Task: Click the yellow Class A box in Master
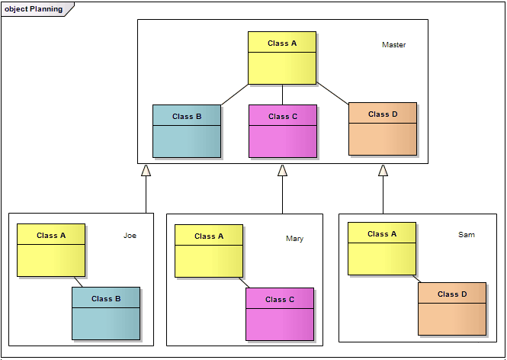coord(282,58)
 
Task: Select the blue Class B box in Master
coord(187,131)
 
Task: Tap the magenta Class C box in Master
coord(283,131)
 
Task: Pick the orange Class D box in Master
coord(383,129)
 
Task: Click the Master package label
coord(393,45)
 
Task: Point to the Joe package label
coord(130,236)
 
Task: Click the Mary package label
coord(294,239)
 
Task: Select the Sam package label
coord(466,235)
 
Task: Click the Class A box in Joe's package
coord(51,250)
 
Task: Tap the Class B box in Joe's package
coord(106,313)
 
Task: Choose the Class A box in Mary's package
coord(209,251)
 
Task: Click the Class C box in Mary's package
coord(280,313)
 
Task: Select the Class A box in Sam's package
coord(382,249)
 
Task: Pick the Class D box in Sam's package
coord(452,308)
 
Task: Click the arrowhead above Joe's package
coord(146,171)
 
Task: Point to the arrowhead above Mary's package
coord(282,171)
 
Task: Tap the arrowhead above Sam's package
coord(383,171)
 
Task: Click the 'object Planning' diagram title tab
coord(35,9)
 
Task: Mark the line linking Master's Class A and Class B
coord(235,95)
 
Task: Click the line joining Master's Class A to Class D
coord(332,94)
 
